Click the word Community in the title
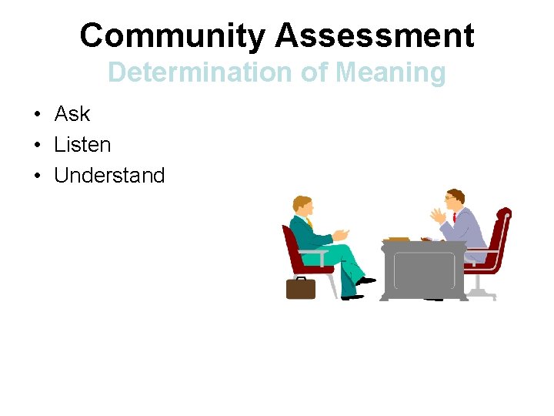pos(173,35)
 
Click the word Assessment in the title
pos(375,35)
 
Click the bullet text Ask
pos(72,114)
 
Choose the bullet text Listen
pos(82,145)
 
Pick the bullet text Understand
pos(109,176)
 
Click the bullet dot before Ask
pos(37,115)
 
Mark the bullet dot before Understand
pos(37,176)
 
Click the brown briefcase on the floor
pos(301,287)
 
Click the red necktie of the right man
pos(455,218)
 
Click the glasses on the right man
pos(449,199)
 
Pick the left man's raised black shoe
pos(366,281)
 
